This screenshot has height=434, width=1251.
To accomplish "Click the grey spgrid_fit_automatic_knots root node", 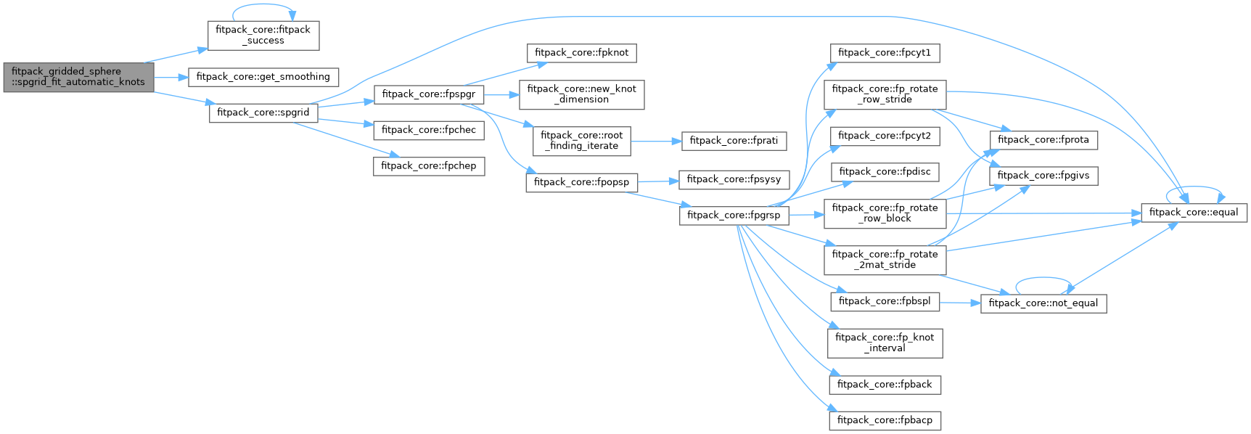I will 78,77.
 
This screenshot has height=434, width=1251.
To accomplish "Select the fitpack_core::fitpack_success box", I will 263,36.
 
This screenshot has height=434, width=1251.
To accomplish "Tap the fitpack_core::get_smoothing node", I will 263,77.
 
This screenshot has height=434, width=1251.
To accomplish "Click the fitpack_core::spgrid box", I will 263,112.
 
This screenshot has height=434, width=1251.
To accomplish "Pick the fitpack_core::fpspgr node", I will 428,94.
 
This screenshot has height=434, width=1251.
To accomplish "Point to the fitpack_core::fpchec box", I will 429,130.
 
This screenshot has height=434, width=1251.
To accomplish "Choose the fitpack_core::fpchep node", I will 429,166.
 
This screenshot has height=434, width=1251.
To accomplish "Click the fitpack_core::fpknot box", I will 581,53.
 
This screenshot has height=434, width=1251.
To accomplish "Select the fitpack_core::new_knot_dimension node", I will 581,94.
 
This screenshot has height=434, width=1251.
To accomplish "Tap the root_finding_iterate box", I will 581,141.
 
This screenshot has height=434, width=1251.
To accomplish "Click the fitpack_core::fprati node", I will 734,141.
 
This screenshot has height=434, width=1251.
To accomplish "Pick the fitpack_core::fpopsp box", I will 581,182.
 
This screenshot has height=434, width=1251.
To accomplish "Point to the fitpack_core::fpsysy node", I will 734,179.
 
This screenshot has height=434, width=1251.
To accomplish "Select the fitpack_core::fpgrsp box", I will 734,216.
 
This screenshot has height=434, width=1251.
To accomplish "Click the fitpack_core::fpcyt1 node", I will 885,53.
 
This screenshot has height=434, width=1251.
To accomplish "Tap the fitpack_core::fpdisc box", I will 885,172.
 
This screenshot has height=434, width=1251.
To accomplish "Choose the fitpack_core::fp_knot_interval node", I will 885,343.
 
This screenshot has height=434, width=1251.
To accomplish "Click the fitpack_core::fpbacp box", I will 885,420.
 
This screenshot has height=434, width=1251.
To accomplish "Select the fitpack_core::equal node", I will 1194,213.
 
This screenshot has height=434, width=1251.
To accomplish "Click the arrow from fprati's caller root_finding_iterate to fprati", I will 656,141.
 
